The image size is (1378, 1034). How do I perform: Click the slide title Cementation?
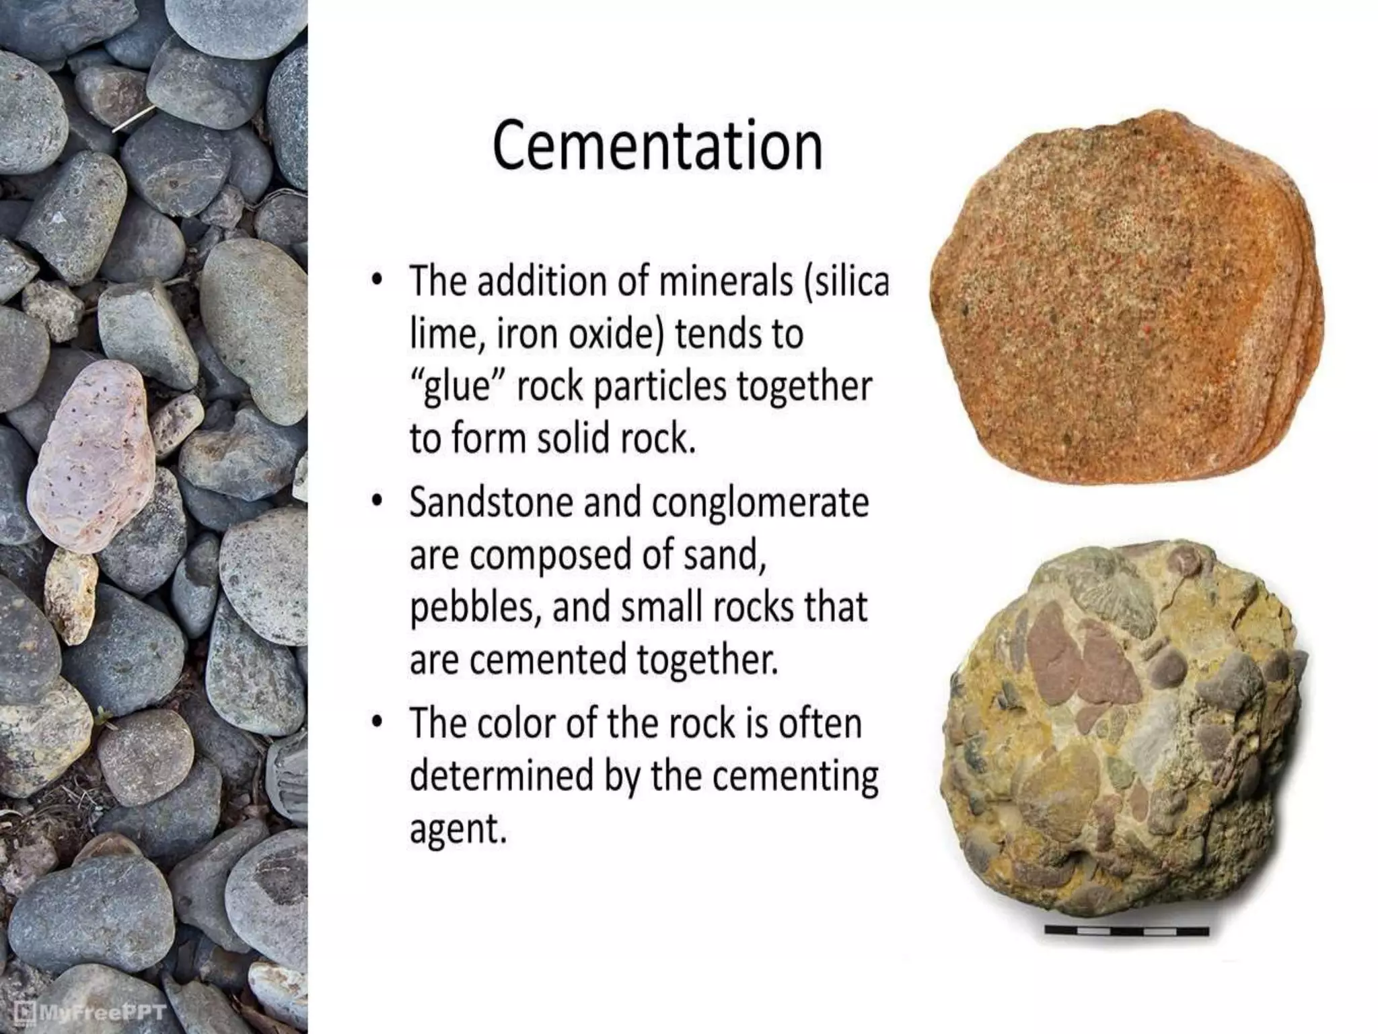point(657,146)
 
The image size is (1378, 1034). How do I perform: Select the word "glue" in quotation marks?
point(455,386)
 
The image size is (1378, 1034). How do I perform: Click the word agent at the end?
point(457,829)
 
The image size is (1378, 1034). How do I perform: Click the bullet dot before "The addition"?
point(378,279)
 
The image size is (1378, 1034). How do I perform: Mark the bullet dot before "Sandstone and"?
point(378,502)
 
